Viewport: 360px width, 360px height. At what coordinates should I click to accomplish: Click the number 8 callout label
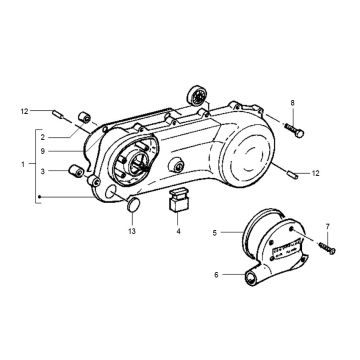coord(293,103)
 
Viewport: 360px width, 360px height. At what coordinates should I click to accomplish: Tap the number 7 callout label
coord(328,229)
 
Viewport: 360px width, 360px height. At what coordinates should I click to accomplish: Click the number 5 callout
coord(213,234)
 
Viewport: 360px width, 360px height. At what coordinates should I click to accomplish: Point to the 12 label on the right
coord(314,174)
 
